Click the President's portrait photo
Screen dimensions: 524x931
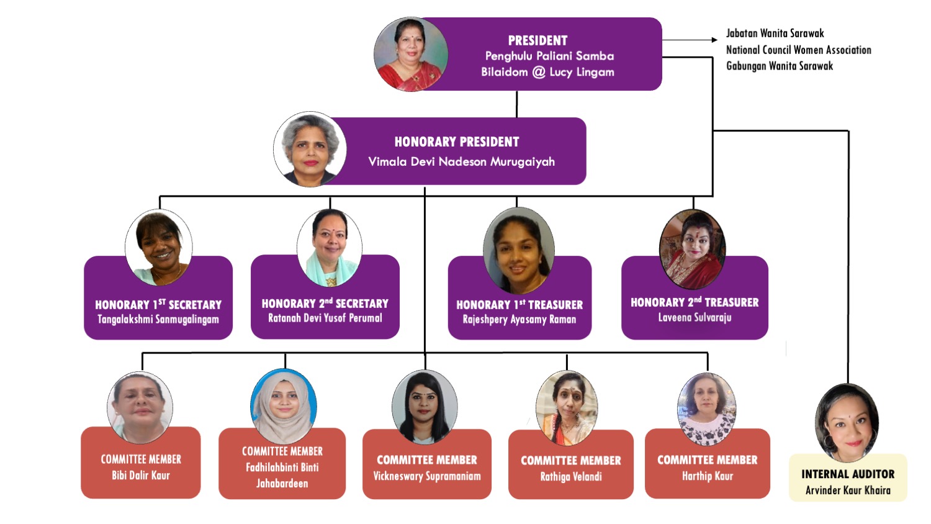[410, 55]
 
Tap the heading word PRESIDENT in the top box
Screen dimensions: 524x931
[537, 41]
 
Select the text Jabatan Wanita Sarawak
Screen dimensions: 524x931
[775, 34]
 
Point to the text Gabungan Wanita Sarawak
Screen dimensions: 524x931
[780, 66]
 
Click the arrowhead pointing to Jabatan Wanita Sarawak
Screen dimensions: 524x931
[714, 40]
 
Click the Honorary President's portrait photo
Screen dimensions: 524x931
[310, 150]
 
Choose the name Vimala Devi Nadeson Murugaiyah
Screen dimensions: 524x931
[461, 162]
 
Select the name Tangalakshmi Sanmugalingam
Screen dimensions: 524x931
[158, 320]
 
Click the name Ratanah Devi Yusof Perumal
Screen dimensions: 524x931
[325, 318]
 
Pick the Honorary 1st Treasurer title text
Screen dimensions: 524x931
[519, 305]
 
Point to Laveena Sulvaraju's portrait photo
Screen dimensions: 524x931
[692, 249]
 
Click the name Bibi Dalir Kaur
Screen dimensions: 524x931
[141, 476]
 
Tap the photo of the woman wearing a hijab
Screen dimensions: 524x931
[284, 406]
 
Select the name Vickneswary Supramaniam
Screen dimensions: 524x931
[427, 476]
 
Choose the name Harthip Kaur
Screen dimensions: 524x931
[708, 476]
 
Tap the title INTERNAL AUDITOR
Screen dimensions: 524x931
[848, 474]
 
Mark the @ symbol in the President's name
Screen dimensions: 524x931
[539, 72]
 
